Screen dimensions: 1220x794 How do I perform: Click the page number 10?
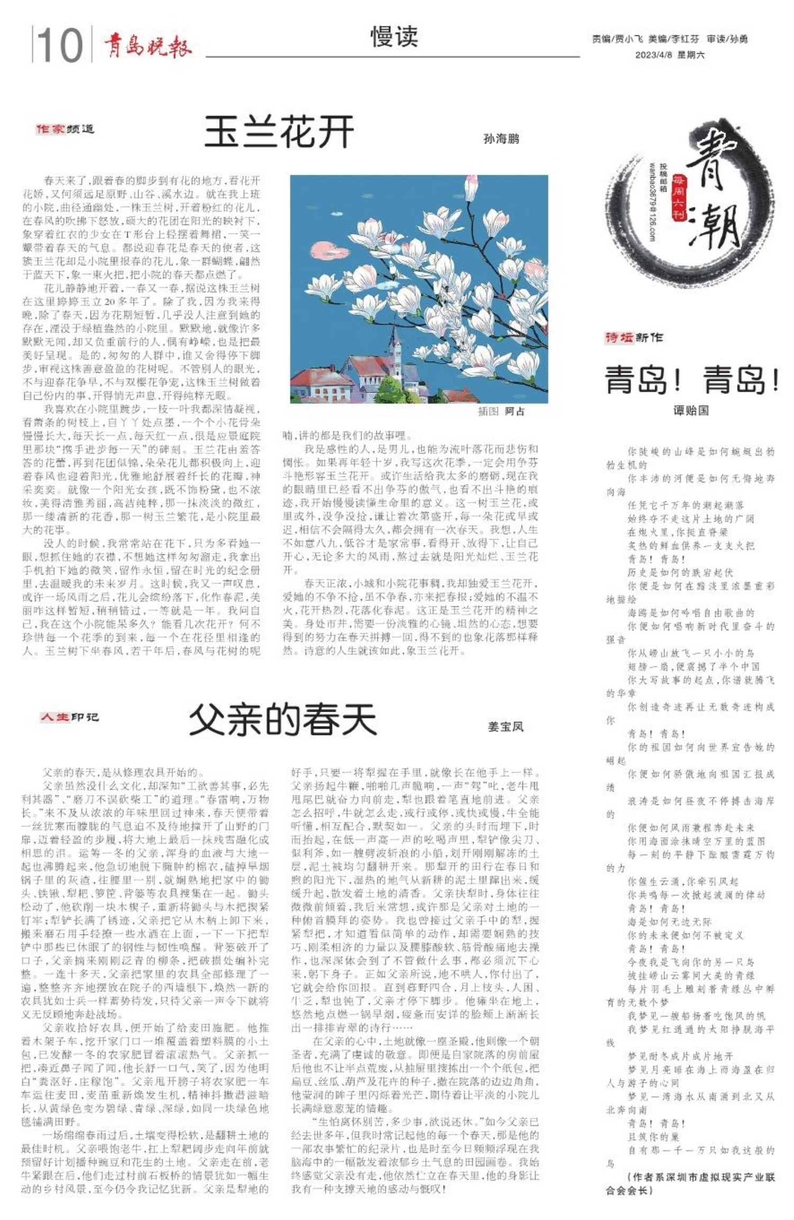click(x=60, y=46)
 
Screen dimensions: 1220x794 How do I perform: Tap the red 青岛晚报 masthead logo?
click(x=147, y=46)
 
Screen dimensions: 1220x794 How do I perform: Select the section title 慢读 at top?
click(x=394, y=37)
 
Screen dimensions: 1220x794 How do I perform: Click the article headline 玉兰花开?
click(x=279, y=132)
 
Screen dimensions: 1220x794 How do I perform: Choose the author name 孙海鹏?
click(x=501, y=139)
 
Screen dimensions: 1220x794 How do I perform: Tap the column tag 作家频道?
click(x=65, y=129)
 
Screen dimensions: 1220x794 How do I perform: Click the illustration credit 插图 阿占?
click(x=501, y=411)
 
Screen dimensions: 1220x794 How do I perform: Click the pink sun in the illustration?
click(x=322, y=249)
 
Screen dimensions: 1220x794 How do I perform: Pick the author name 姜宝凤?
click(x=506, y=726)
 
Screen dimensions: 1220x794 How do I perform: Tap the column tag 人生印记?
click(x=69, y=717)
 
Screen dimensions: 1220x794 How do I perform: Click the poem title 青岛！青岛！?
click(x=691, y=380)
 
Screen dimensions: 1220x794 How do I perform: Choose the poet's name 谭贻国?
click(x=691, y=410)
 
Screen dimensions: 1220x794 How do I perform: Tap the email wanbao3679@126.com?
click(x=652, y=201)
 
